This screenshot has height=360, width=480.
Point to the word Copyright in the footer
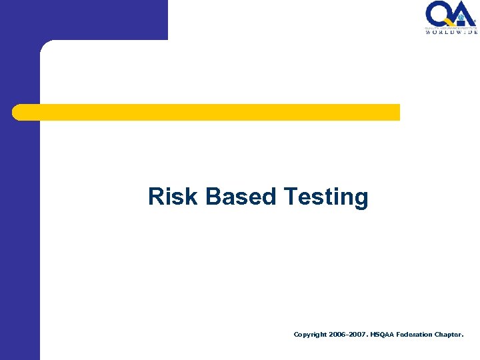pyautogui.click(x=311, y=335)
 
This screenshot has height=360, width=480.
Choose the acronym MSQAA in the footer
pyautogui.click(x=381, y=335)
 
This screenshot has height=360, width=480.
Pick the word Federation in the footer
pyautogui.click(x=417, y=335)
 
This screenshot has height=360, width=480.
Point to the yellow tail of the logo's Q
pyautogui.click(x=449, y=23)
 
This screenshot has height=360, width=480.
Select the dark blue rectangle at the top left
pyautogui.click(x=83, y=19)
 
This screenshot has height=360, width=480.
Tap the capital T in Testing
pyautogui.click(x=290, y=197)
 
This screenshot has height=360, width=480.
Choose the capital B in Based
pyautogui.click(x=213, y=197)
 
